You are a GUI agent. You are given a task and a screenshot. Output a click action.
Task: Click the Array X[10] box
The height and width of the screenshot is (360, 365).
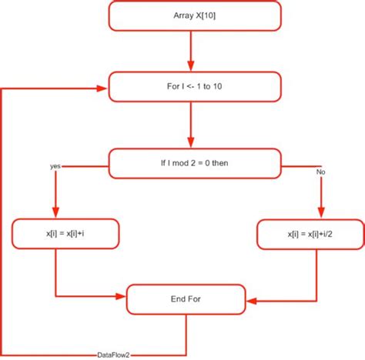point(194,15)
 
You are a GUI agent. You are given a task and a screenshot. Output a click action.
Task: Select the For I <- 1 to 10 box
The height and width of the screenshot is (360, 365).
point(194,86)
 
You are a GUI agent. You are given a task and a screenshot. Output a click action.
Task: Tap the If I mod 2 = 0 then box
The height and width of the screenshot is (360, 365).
point(194,163)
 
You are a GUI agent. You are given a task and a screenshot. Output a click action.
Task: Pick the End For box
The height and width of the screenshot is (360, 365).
point(187,298)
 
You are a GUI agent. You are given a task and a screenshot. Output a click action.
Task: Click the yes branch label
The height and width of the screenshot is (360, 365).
point(55,165)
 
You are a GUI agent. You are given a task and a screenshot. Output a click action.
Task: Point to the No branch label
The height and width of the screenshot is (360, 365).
point(321,172)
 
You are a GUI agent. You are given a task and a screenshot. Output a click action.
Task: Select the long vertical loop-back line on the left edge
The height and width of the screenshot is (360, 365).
point(2,223)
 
